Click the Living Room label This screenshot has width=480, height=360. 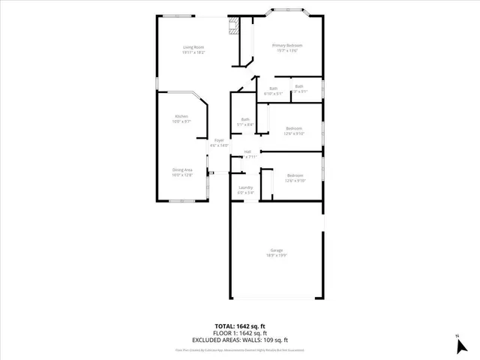click(x=193, y=48)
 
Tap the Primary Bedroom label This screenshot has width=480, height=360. click(x=286, y=46)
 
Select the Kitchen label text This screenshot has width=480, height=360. click(x=181, y=116)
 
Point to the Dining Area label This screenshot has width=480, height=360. click(x=183, y=170)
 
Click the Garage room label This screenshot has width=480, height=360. click(x=277, y=250)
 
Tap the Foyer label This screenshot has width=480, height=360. click(x=219, y=140)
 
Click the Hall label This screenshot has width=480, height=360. click(x=247, y=152)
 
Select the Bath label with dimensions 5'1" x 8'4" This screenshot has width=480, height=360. click(x=245, y=119)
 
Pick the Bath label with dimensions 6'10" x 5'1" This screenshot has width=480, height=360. click(x=273, y=88)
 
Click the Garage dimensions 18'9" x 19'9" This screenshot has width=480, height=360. click(x=277, y=256)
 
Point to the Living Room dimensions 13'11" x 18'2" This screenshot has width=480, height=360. click(x=193, y=52)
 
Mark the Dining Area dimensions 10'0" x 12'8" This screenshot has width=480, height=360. click(x=183, y=175)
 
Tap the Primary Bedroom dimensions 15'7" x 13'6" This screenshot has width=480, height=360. click(x=286, y=52)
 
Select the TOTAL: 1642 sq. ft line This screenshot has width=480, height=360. click(x=240, y=327)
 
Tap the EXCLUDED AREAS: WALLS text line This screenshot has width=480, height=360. click(x=240, y=339)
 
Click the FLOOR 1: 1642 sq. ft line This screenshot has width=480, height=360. click(x=240, y=333)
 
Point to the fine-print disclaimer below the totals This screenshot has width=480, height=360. click(x=240, y=349)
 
